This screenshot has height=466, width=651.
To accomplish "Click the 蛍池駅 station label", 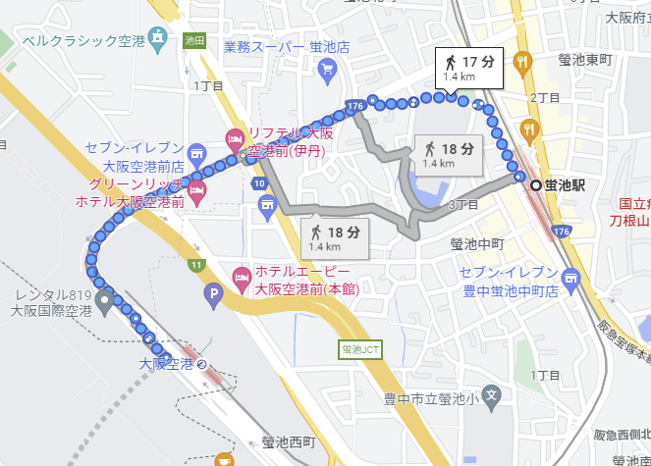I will tap(566, 185).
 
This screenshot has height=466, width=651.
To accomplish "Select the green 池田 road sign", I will tap(192, 40).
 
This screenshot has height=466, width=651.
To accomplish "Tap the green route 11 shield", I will tap(196, 265).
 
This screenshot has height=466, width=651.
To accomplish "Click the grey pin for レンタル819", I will tap(104, 297).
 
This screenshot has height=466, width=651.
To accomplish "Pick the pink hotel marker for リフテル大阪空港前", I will tap(234, 138).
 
